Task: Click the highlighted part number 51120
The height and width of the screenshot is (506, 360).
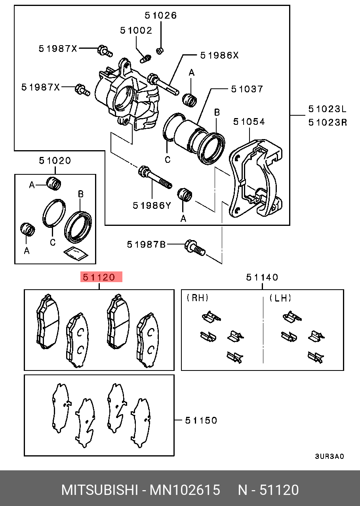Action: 101,277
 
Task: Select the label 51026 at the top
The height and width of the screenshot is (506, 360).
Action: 160,16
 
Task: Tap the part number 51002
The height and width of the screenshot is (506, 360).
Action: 136,31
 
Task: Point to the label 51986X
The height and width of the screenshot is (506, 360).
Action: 219,55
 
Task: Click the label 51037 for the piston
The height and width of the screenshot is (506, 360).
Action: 247,89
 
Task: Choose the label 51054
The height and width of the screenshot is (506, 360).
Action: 249,121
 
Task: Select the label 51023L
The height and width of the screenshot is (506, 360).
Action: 328,109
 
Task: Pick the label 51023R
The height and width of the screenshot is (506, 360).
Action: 328,122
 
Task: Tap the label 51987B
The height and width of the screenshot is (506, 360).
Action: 146,244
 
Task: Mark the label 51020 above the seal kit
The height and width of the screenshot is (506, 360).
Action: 55,160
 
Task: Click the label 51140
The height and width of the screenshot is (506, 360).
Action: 262,277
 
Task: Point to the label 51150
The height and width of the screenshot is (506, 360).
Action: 201,420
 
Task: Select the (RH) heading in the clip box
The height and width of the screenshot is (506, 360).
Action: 197,298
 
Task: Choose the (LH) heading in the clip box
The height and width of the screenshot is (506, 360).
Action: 280,298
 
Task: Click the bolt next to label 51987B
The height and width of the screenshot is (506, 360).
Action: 194,248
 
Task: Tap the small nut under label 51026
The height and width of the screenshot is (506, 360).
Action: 160,50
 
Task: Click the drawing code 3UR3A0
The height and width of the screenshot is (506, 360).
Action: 329,456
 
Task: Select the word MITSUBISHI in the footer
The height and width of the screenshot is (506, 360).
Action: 99,490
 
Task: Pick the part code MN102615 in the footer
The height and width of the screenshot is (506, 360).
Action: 184,490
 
